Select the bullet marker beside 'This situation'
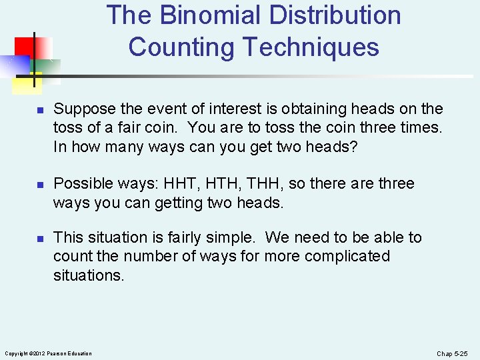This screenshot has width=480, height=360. (x=40, y=239)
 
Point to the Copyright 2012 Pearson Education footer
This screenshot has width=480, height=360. (x=48, y=353)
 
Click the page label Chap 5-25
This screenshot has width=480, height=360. (x=453, y=353)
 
